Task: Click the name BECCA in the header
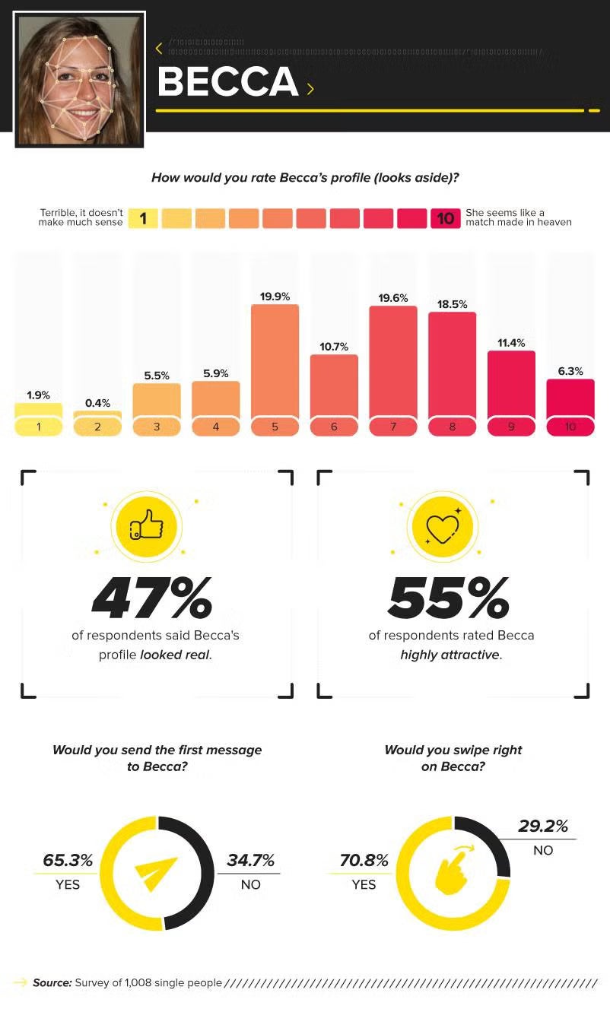pos(227,82)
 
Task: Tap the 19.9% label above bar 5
pos(275,297)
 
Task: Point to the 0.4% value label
pos(97,403)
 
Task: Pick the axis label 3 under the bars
pos(157,427)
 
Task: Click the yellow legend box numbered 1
pos(143,219)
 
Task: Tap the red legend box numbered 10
pos(445,219)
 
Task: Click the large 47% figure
pos(152,598)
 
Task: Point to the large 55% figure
pos(449,598)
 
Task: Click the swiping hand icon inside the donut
pos(452,872)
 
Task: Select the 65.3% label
pos(68,861)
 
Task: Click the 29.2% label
pos(543,827)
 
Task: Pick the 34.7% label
pos(250,861)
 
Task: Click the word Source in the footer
pos(52,983)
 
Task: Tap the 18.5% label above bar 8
pos(452,304)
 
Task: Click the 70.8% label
pos(364,861)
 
